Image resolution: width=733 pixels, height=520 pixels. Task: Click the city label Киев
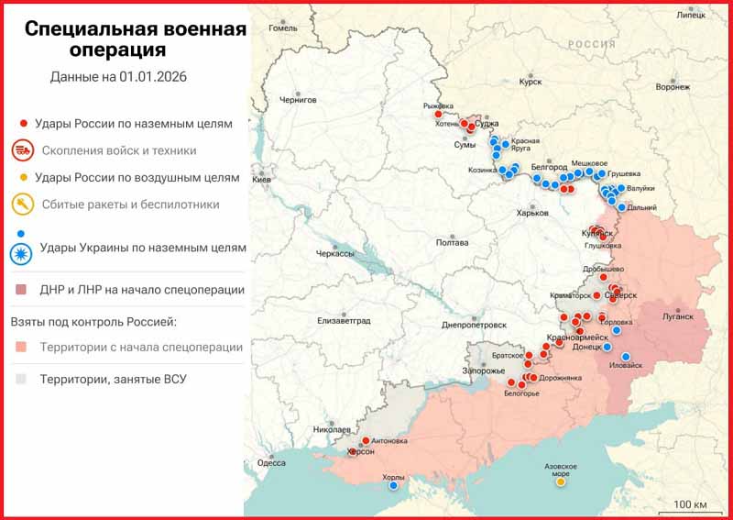point(261,180)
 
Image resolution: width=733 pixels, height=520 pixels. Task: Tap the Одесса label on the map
point(271,463)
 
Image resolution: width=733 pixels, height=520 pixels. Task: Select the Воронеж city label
point(673,87)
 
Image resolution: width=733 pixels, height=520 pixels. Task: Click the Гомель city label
point(283,28)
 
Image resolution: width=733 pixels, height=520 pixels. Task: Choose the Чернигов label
point(298,98)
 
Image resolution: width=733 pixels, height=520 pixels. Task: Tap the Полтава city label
point(453,243)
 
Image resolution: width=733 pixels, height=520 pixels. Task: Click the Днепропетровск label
point(474,325)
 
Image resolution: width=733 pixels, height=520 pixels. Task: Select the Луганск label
point(679,315)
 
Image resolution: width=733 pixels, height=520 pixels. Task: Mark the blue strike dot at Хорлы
point(394,486)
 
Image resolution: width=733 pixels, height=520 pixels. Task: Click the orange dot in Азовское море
point(561,481)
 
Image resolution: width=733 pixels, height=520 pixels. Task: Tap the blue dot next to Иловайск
point(627,357)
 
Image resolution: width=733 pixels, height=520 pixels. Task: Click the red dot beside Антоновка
point(366,440)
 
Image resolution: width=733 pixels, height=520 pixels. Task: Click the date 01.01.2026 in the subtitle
point(152,76)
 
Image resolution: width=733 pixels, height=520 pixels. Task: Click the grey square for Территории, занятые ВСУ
point(21,379)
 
